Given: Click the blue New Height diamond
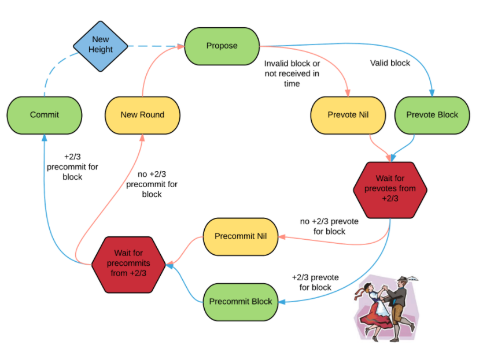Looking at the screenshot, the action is (x=101, y=46).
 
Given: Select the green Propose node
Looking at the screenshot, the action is (x=222, y=46).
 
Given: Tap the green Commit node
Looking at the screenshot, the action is (x=45, y=116).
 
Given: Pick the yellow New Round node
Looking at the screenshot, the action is (x=143, y=116).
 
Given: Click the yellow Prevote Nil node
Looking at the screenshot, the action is (x=348, y=116).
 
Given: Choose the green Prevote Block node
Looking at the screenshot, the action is (x=432, y=116).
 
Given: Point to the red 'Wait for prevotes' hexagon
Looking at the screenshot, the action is (x=390, y=190).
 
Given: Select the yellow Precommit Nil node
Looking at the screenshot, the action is (x=241, y=236).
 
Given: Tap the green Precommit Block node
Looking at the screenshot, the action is (x=241, y=302).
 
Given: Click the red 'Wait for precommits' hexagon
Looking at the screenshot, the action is (x=128, y=265).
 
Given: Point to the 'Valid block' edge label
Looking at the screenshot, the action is (x=390, y=63).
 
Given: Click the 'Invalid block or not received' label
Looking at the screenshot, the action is (x=292, y=73).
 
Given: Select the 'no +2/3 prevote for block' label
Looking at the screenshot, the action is (x=329, y=226).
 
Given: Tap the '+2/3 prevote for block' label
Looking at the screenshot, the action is (x=315, y=282).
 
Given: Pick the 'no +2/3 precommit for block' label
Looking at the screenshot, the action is (x=152, y=184).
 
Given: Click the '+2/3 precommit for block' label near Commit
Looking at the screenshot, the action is (x=72, y=167).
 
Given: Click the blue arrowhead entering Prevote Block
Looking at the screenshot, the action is (x=432, y=93).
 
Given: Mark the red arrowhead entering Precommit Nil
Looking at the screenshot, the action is (x=282, y=237).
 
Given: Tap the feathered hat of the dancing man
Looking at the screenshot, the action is (x=406, y=279).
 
